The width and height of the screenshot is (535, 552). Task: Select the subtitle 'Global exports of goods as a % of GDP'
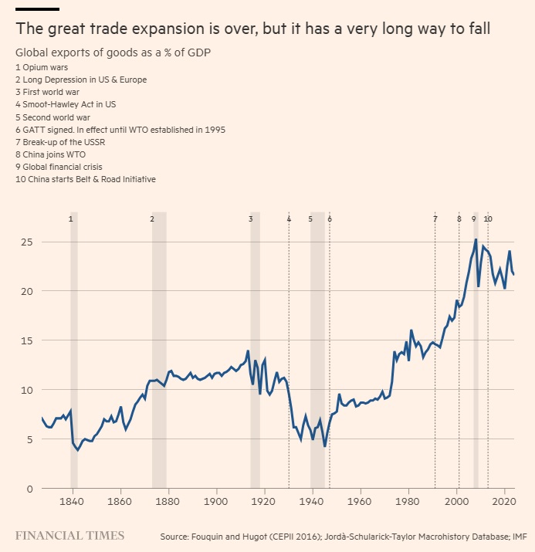click(113, 52)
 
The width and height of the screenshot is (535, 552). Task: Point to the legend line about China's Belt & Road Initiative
click(86, 179)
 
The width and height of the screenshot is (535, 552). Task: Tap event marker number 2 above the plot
click(153, 219)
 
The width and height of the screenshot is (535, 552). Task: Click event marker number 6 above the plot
click(330, 219)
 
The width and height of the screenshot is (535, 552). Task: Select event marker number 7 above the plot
click(435, 219)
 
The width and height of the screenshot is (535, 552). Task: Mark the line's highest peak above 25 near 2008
click(476, 239)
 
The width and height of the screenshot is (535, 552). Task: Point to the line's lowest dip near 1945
click(325, 446)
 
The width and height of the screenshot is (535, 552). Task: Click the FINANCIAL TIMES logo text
click(69, 535)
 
